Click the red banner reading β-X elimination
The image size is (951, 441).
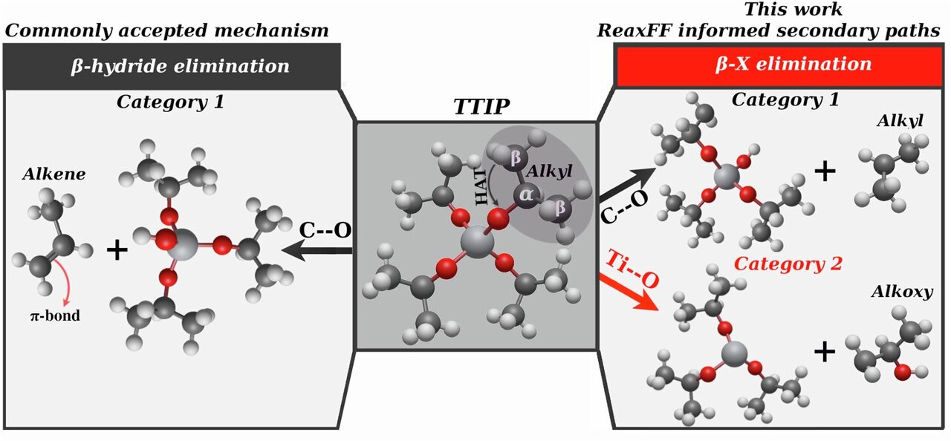(x=780, y=64)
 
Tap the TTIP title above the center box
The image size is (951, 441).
(x=482, y=108)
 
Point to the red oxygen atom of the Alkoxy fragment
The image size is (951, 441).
(x=901, y=373)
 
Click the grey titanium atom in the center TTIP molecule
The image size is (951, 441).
(x=473, y=242)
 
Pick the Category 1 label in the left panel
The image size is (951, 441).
(x=170, y=102)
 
